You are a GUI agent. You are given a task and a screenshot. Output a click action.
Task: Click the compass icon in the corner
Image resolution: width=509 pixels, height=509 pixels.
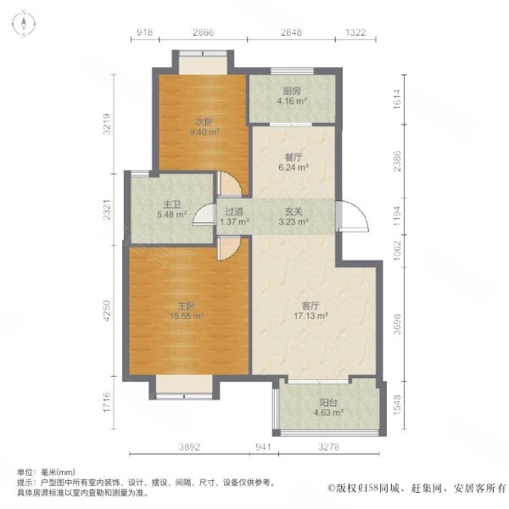24,24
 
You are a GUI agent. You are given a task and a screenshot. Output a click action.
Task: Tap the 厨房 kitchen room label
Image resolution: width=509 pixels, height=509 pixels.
292,91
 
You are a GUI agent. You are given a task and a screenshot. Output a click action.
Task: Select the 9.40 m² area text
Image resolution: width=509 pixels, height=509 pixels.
204,132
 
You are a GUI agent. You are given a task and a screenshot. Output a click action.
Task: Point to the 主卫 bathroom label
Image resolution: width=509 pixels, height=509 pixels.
171,204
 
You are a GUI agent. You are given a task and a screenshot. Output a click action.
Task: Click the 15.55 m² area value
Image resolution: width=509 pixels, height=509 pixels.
187,316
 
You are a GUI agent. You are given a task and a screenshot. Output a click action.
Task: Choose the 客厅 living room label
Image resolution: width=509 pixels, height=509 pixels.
310,305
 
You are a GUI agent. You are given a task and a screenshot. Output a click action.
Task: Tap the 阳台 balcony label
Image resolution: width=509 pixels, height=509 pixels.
328,402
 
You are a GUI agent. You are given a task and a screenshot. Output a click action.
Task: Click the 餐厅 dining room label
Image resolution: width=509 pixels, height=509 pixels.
294,158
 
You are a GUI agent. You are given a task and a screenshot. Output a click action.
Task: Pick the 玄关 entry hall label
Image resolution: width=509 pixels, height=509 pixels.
294,211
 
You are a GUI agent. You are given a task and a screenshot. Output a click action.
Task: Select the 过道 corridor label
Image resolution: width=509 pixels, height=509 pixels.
234,211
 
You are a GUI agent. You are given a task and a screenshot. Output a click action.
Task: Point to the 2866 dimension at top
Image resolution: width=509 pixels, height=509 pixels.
204,32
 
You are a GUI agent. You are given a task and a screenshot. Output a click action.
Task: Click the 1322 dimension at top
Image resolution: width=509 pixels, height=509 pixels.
355,32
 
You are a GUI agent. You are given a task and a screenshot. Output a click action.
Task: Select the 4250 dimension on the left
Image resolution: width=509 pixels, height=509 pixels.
107,310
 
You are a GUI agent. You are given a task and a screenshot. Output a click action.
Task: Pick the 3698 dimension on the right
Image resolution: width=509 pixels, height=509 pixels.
397,324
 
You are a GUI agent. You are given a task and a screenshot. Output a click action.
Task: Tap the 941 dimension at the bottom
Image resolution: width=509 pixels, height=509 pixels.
263,447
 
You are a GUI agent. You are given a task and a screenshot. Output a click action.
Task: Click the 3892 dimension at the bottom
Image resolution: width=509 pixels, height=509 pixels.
189,447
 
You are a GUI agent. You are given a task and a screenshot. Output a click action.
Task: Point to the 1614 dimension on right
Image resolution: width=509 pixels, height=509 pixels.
397,99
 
